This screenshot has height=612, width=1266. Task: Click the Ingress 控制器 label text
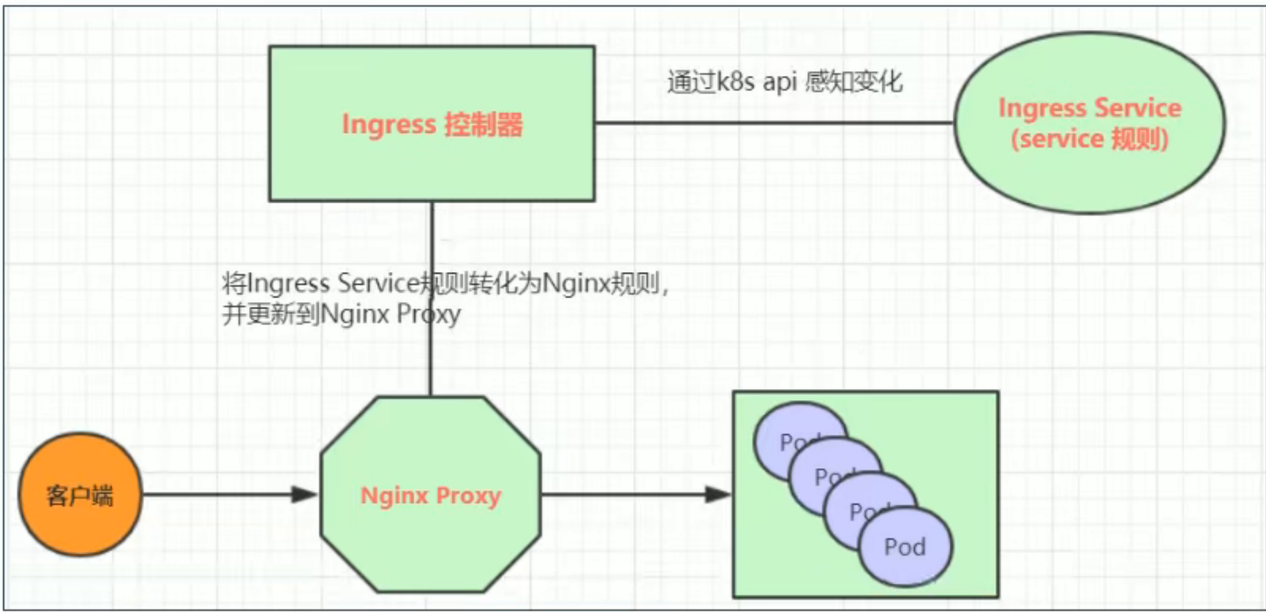coord(432,124)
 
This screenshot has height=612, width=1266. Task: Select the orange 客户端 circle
coord(80,495)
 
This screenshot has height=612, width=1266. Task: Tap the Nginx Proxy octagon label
coord(431,496)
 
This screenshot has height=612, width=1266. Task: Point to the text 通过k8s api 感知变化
coord(784,82)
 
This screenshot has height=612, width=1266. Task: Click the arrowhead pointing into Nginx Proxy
coord(305,494)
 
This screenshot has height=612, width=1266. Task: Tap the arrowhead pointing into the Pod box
coord(718,494)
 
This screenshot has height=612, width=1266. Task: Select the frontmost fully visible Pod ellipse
coord(905,547)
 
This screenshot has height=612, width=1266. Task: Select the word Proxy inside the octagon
coord(468,496)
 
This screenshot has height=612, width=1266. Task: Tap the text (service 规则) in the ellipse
coord(1090,139)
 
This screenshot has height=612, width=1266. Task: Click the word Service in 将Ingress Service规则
coord(378,284)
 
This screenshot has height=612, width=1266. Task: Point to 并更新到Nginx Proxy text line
coord(341,314)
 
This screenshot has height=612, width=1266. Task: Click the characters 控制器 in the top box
coord(484,124)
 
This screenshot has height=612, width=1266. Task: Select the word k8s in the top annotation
coord(736,82)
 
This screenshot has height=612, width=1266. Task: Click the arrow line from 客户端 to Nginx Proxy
coord(216,494)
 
